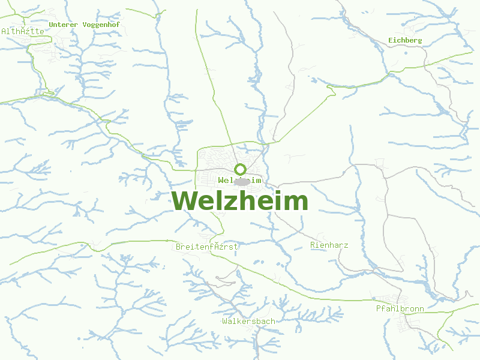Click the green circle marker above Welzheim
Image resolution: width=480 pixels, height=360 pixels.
click(240, 169)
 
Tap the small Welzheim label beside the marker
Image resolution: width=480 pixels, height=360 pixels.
click(240, 180)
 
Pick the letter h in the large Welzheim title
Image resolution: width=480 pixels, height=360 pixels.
click(247, 200)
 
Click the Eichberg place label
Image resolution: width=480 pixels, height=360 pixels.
click(405, 40)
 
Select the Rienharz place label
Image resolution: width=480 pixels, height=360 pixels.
click(329, 245)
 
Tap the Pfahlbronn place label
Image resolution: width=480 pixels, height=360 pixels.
click(400, 309)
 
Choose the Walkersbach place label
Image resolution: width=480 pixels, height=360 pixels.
click(248, 322)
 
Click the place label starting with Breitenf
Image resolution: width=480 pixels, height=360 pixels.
click(207, 247)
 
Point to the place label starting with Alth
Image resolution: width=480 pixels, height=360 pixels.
click(23, 31)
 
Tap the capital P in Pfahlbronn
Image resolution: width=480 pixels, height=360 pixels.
click(378, 309)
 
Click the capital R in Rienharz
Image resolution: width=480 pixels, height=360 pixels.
click(313, 245)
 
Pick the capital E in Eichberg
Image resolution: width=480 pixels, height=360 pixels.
click(391, 40)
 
